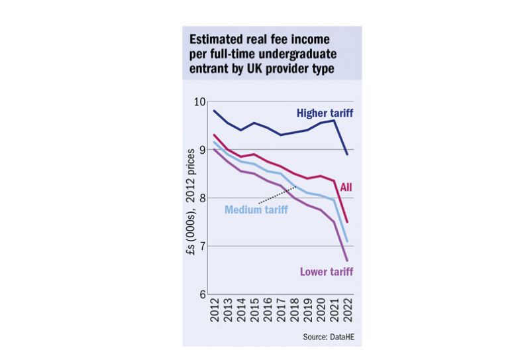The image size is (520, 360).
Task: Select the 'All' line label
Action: tap(345, 188)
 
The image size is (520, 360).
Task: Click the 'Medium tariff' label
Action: tap(257, 210)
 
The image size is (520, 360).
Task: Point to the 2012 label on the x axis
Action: tap(214, 311)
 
